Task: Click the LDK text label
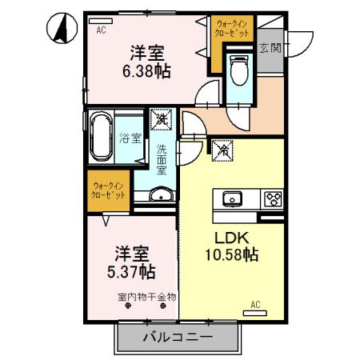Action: point(229,238)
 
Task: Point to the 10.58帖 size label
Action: point(230,255)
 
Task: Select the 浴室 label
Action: point(130,137)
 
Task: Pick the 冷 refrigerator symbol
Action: point(222,150)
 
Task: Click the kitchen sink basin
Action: point(234,198)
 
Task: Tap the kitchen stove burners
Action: point(273,198)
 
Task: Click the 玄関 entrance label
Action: point(269,48)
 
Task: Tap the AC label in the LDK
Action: point(255,303)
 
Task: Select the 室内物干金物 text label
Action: point(146,297)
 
